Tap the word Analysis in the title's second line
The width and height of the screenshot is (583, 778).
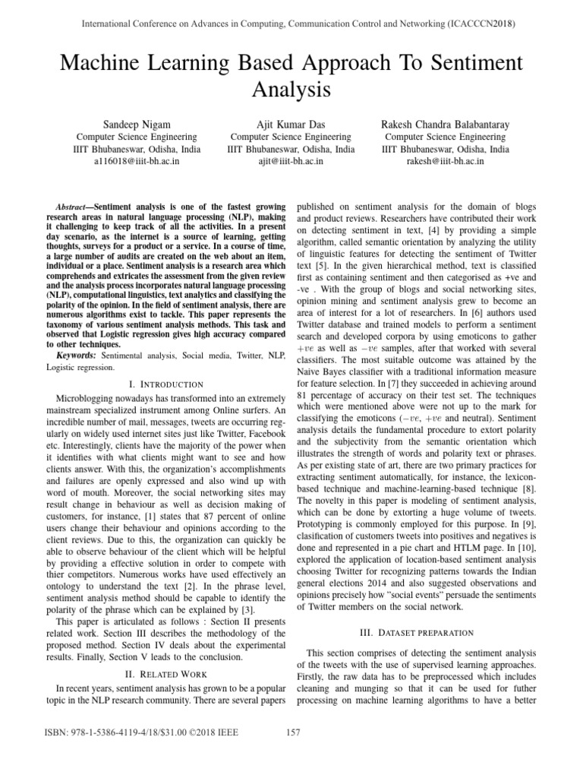[x=291, y=90]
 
